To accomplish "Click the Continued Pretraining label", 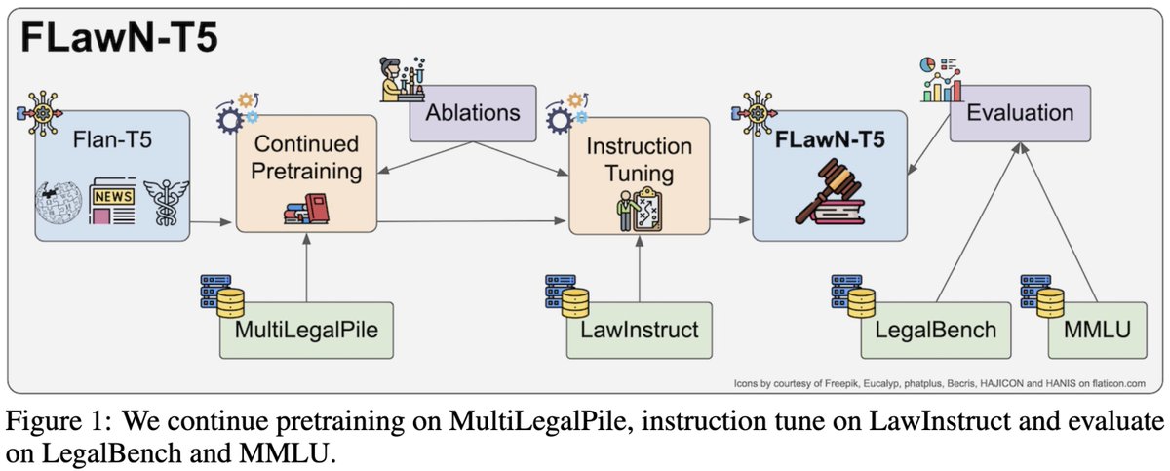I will pyautogui.click(x=305, y=159).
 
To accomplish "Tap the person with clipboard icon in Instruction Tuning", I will pyautogui.click(x=639, y=209).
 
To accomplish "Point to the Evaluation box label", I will pyautogui.click(x=1019, y=112).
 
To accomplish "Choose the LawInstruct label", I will pyautogui.click(x=639, y=329).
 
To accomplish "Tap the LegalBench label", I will pyautogui.click(x=935, y=329).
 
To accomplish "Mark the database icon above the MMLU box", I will pyautogui.click(x=1042, y=295).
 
